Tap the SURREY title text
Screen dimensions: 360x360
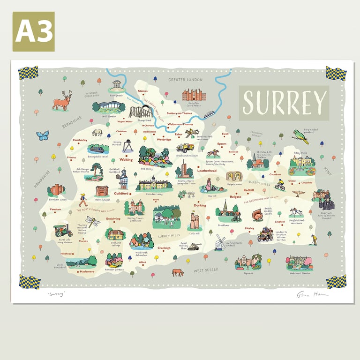coord(284,102)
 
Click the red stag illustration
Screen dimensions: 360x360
coord(62,101)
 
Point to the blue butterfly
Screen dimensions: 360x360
coord(43,136)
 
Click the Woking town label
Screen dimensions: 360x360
coord(126,160)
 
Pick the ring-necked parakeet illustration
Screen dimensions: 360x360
coord(300,136)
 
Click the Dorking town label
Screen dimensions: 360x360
coord(200,205)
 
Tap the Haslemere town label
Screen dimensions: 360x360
coord(87,271)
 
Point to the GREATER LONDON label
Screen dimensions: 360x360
coord(185,80)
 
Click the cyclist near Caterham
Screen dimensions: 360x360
coord(280,186)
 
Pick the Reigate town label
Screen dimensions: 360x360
coord(235,197)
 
